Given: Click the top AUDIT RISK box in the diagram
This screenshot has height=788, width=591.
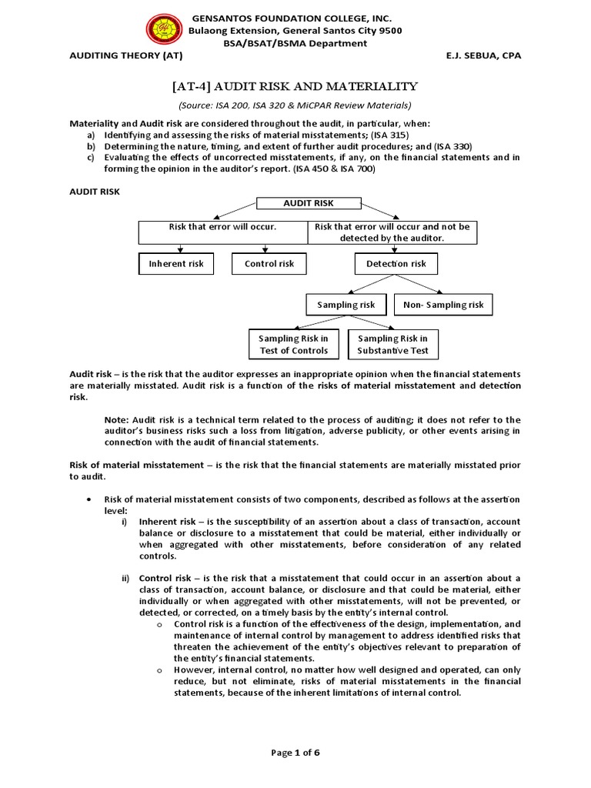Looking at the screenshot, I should pos(309,204).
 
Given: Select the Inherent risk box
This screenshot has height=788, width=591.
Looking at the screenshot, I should pos(176,264).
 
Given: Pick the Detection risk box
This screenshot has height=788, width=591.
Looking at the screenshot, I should pos(396,264).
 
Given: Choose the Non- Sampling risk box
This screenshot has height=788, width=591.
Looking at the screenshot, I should pos(444,306).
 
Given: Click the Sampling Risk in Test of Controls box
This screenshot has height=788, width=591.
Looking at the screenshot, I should pos(293,345).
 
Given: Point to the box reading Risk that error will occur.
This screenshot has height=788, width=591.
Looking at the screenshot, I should pos(222,227).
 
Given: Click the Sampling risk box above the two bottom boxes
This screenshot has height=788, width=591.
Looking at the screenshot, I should pos(346,306).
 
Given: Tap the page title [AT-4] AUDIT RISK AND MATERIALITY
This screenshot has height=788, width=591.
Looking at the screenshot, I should pos(295,86).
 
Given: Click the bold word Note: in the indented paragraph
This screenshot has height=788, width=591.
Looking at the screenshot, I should pos(117,419).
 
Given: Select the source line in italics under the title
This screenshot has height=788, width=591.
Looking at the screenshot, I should pos(295,105).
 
